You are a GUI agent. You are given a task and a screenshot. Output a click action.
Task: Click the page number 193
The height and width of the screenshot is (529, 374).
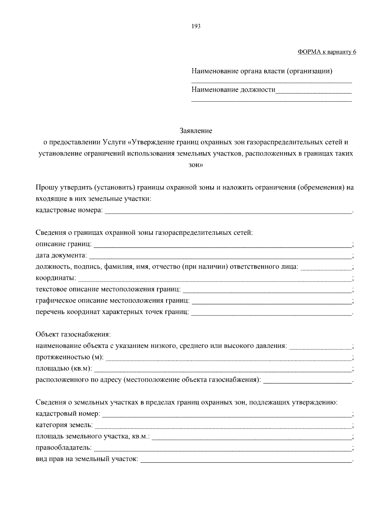pyautogui.click(x=196, y=26)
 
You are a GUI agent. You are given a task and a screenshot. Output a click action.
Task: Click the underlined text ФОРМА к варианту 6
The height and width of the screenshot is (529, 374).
pyautogui.click(x=327, y=52)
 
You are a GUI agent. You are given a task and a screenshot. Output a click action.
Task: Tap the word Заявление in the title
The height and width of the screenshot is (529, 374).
pyautogui.click(x=196, y=130)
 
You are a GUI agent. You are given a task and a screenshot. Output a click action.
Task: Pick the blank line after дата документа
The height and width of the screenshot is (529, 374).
pyautogui.click(x=220, y=257)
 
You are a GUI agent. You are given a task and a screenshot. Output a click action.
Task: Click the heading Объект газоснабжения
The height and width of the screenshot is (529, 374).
pyautogui.click(x=73, y=334)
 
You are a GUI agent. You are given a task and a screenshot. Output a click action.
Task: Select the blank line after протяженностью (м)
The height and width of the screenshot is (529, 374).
pyautogui.click(x=229, y=359)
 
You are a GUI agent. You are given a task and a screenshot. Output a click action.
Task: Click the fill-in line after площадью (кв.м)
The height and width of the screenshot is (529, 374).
pyautogui.click(x=223, y=371)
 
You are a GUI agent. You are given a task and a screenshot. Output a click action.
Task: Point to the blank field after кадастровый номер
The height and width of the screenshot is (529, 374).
pyautogui.click(x=227, y=416)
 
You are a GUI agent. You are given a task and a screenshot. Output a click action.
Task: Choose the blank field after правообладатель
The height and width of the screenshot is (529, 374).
pyautogui.click(x=223, y=450)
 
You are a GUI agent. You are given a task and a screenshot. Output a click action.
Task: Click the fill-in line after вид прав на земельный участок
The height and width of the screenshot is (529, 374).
pyautogui.click(x=246, y=461)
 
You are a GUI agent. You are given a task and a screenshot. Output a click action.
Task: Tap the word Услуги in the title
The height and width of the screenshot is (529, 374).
pyautogui.click(x=114, y=142)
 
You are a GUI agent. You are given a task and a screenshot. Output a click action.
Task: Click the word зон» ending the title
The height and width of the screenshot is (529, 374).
pyautogui.click(x=196, y=165)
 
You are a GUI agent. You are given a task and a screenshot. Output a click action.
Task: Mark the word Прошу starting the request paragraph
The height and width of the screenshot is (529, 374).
pyautogui.click(x=46, y=187)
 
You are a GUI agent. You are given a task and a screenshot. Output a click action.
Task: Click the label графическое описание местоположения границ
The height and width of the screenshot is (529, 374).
pyautogui.click(x=113, y=301)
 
